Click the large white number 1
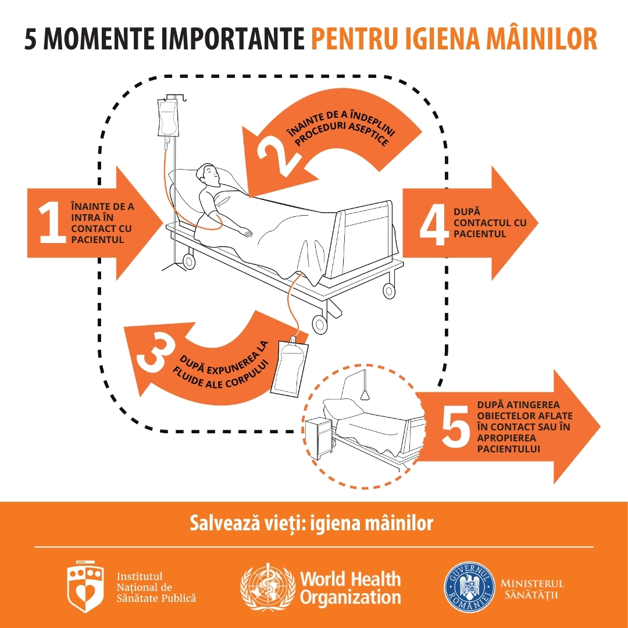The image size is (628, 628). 52,222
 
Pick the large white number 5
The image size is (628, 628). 456,426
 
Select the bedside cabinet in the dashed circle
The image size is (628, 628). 319,438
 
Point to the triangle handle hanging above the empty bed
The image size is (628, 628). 365,395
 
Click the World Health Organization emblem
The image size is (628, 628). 267,587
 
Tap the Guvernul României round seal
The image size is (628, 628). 469,587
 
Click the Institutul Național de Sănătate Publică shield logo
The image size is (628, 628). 85,587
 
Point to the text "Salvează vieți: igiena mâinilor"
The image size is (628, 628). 311,523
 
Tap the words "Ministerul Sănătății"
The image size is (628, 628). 532,588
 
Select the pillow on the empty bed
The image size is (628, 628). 344,409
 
